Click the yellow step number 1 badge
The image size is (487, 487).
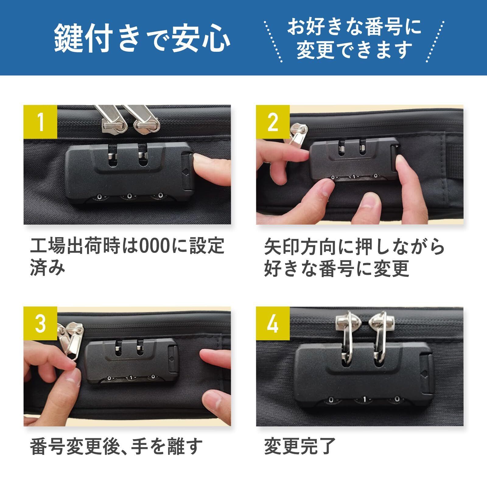click(40, 122)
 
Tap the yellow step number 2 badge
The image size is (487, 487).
click(273, 122)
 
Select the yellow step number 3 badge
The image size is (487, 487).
click(40, 324)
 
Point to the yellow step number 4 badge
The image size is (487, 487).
click(273, 324)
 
